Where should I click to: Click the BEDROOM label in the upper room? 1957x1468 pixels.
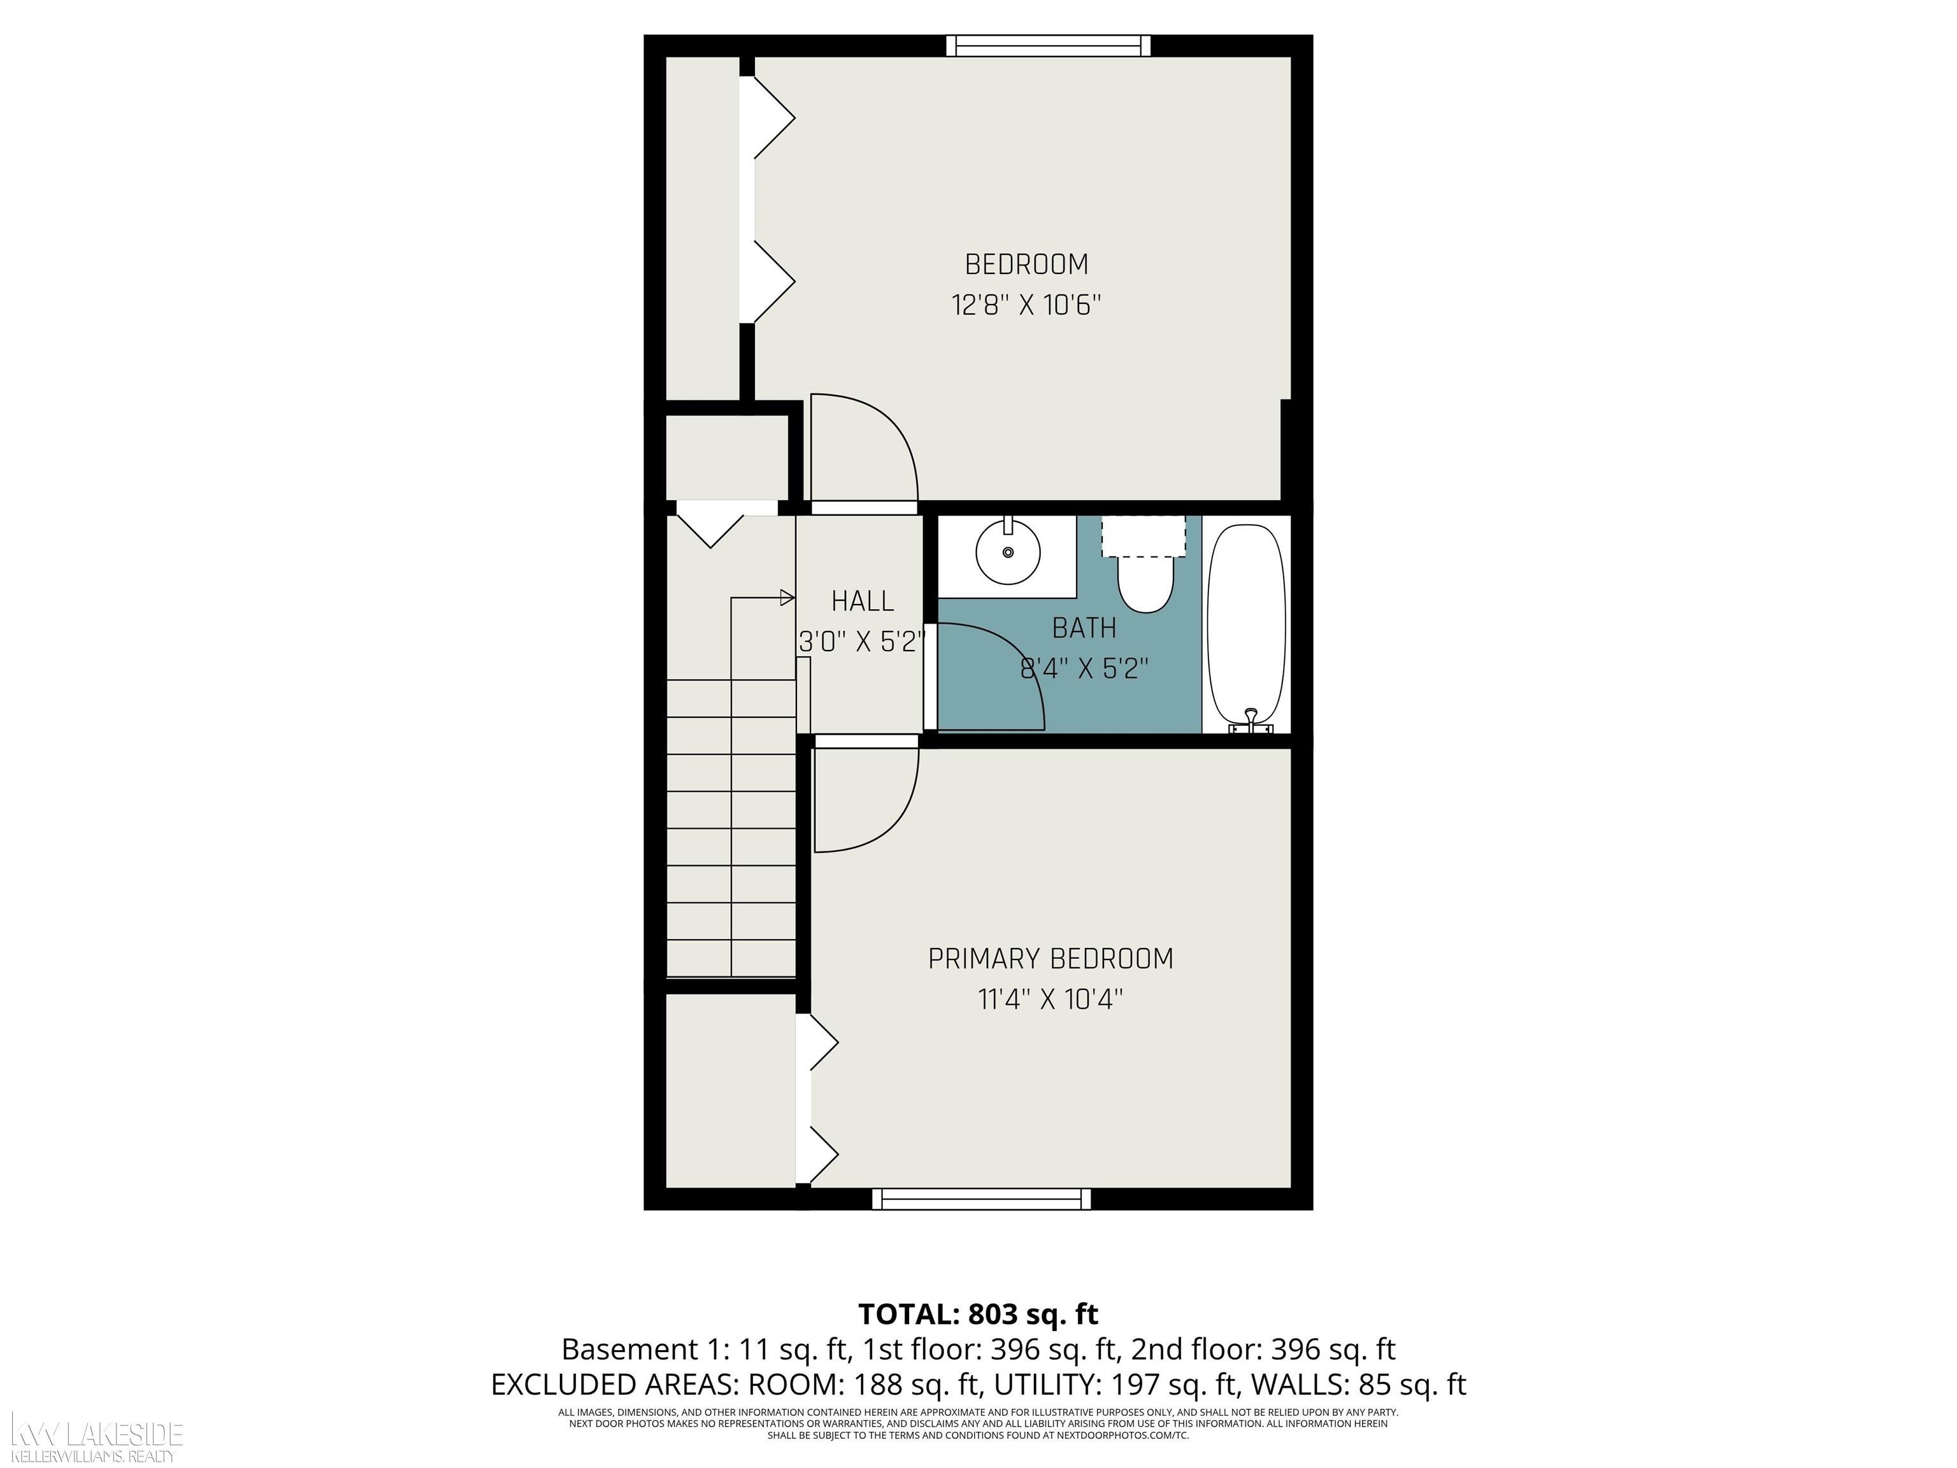point(1026,264)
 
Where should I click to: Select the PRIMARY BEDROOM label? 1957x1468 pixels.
point(1050,959)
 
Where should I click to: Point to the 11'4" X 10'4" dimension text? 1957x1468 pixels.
point(1050,1000)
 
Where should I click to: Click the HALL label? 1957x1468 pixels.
point(862,601)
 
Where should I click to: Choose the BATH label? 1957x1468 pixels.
point(1084,628)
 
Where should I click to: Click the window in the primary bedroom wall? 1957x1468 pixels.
point(981,1199)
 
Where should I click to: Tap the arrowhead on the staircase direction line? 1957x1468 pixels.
point(787,598)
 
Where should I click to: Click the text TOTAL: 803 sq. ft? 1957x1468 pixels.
point(978,1314)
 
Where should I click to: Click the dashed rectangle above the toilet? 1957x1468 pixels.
point(1143,536)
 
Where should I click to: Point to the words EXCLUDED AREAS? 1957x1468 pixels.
point(615,1385)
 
